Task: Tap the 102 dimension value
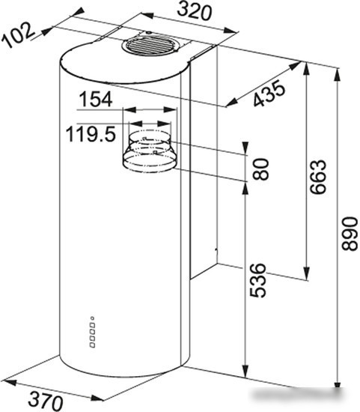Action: pos(18,35)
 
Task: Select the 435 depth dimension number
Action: pos(269,94)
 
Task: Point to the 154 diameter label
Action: pos(96,100)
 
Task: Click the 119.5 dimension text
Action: pos(91,134)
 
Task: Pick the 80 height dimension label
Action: pos(260,169)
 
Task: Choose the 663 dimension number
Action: pos(318,177)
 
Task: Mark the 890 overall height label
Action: pos(350,233)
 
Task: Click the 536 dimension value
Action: pos(257,280)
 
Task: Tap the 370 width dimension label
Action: pos(46,401)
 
